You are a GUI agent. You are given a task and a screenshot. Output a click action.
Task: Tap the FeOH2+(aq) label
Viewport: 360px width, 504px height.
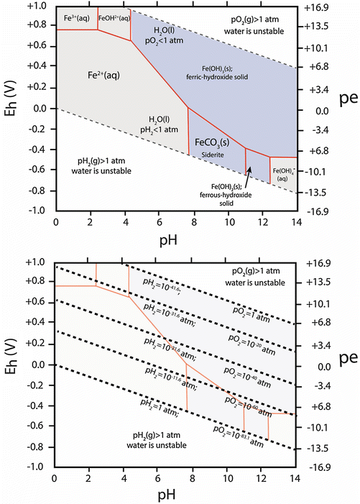114,16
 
